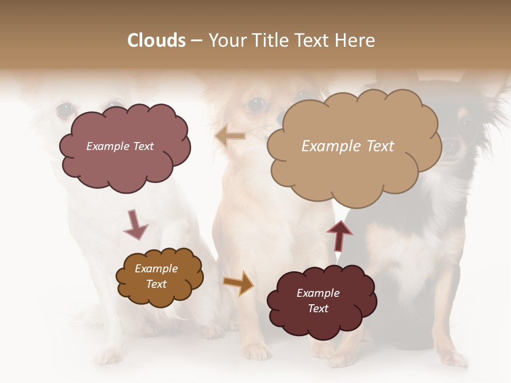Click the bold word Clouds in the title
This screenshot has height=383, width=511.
click(156, 40)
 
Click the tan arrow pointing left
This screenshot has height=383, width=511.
click(230, 136)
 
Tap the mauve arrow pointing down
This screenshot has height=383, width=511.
click(135, 224)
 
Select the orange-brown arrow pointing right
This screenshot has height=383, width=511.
click(238, 282)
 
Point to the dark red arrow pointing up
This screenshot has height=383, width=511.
click(340, 235)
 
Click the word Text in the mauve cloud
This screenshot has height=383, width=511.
click(143, 146)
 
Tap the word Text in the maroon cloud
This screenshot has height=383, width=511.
click(318, 309)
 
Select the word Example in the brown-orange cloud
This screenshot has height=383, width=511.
click(156, 269)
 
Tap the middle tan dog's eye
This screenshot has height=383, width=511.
click(257, 104)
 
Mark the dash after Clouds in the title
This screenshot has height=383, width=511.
click(196, 41)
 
